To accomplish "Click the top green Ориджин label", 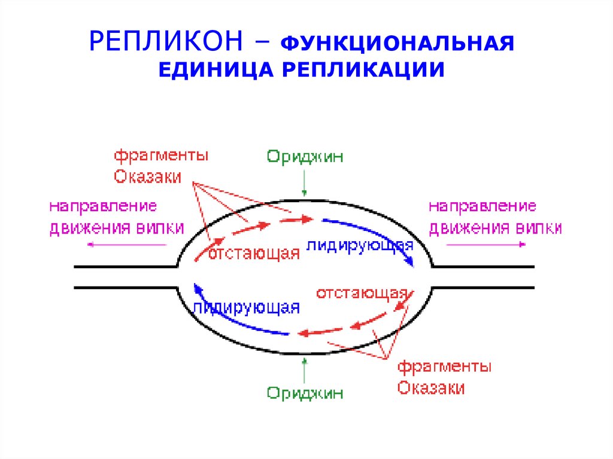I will [305, 157].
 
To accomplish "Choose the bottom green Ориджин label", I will [305, 393].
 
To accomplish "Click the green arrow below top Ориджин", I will [305, 182].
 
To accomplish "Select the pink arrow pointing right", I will [486, 245].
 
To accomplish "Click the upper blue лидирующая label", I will [360, 245].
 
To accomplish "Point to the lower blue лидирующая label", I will [246, 308].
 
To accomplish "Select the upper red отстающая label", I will [254, 253].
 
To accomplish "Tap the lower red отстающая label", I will [362, 294].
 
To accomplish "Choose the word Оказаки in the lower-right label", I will [431, 387].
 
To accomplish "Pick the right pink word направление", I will [482, 207].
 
